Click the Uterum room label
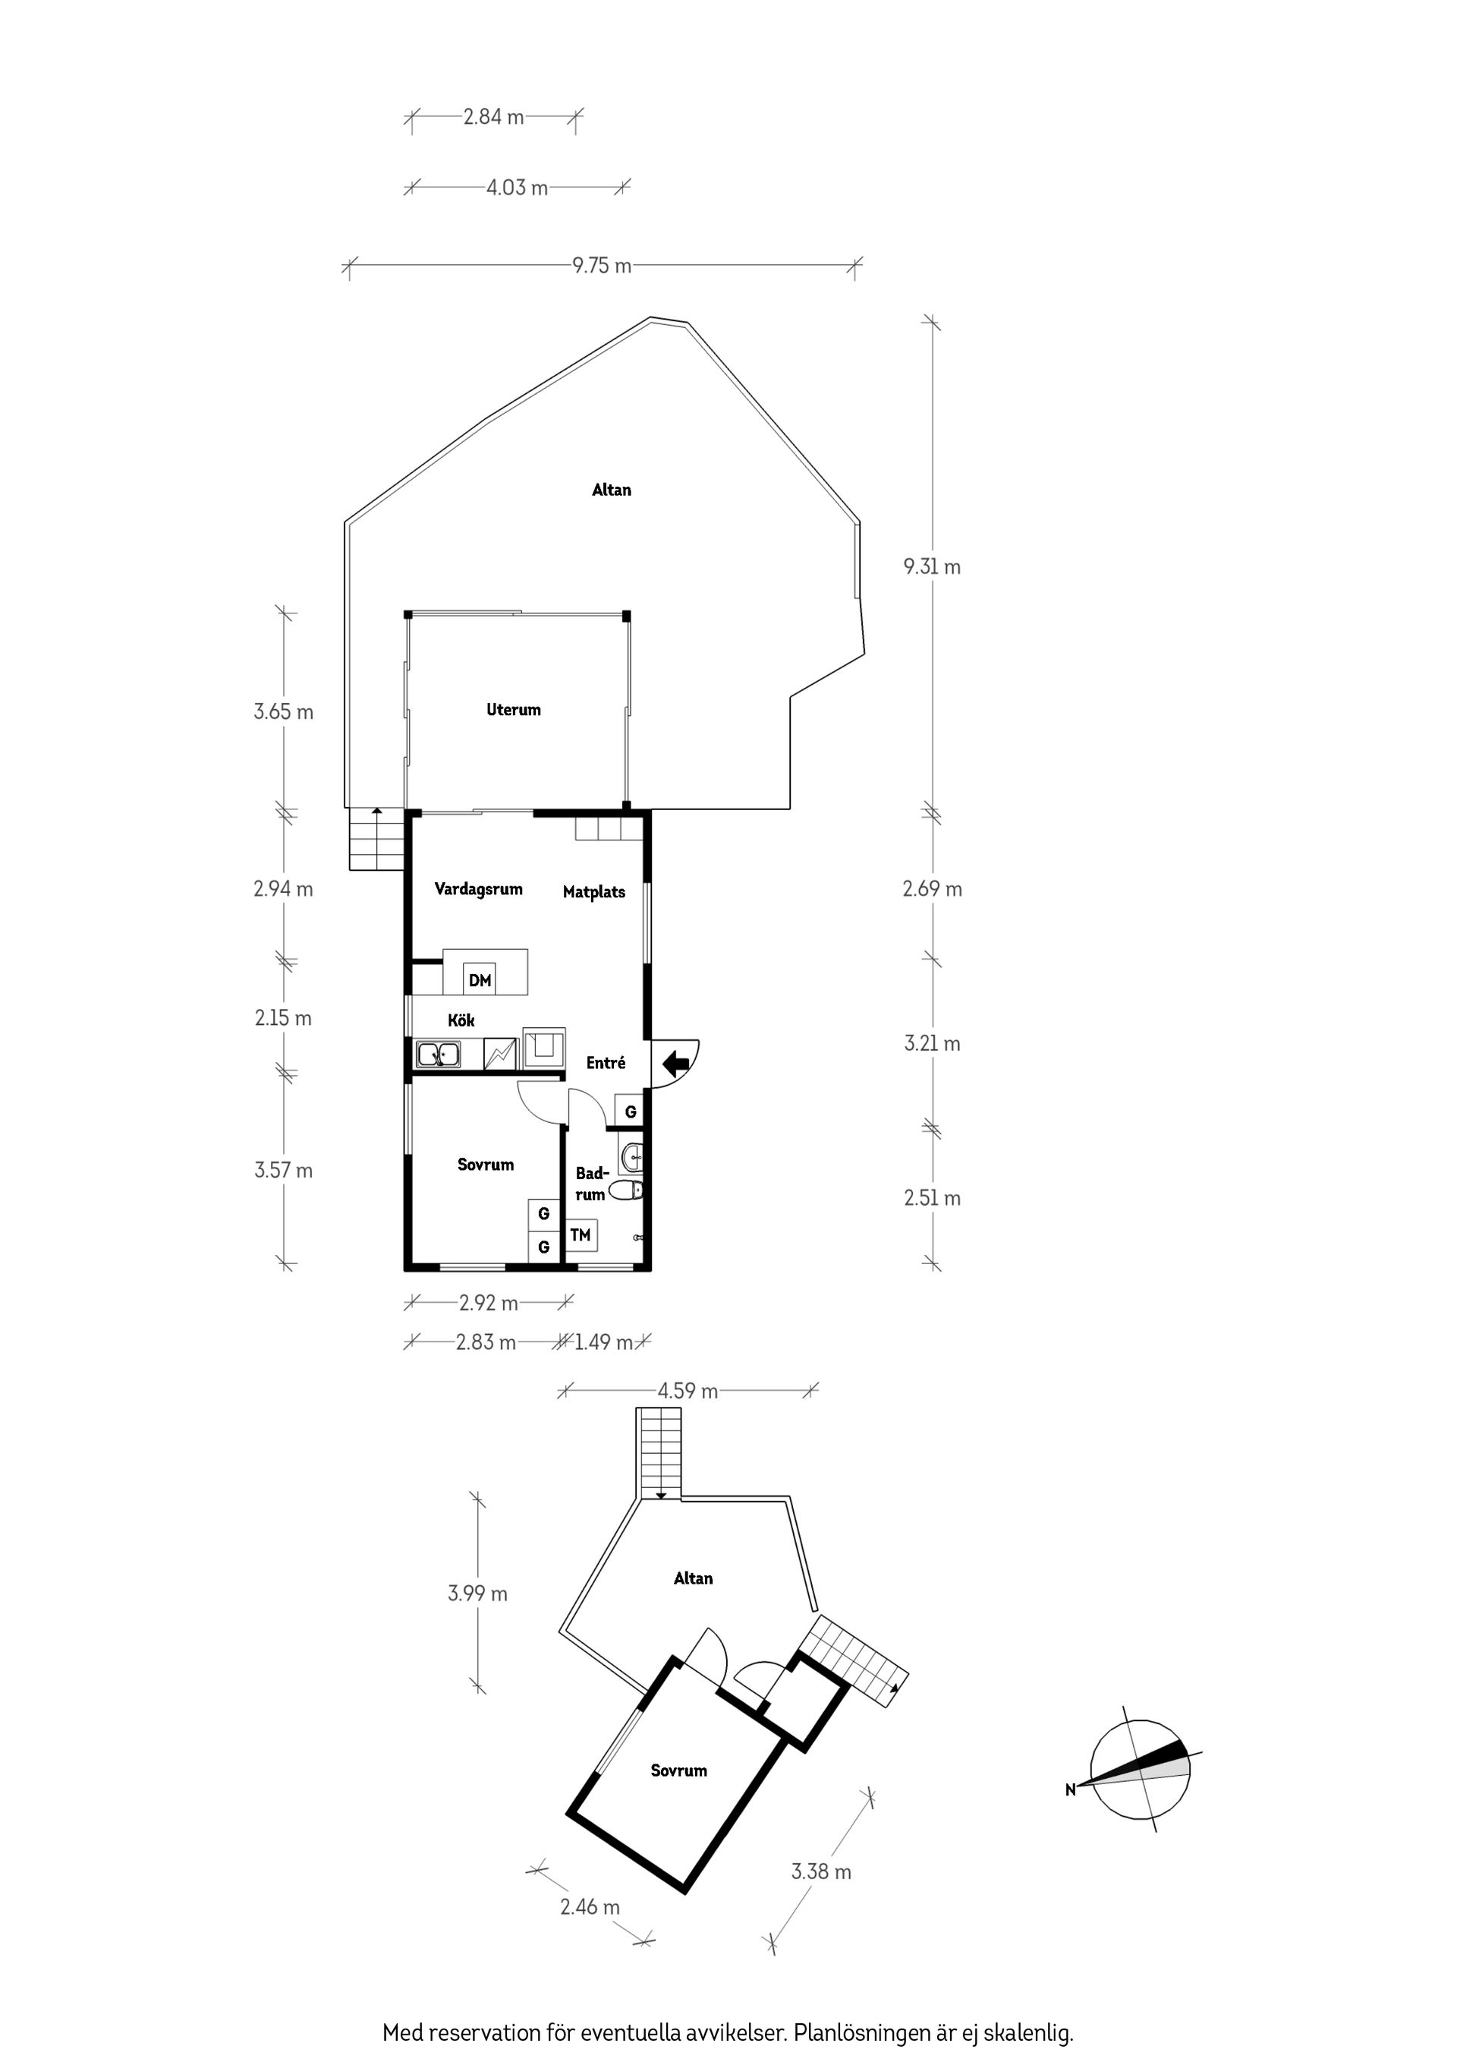pyautogui.click(x=514, y=710)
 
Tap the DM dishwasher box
pyautogui.click(x=480, y=980)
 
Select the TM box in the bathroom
pyautogui.click(x=581, y=1235)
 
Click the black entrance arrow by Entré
pyautogui.click(x=675, y=1064)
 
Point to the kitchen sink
pyautogui.click(x=437, y=1055)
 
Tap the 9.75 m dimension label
pyautogui.click(x=602, y=266)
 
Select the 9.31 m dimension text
pyautogui.click(x=932, y=566)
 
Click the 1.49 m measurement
pyautogui.click(x=603, y=1342)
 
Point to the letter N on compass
pyautogui.click(x=1070, y=1791)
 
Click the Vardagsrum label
pyautogui.click(x=479, y=889)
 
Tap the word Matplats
pyautogui.click(x=593, y=892)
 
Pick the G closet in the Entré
pyautogui.click(x=630, y=1111)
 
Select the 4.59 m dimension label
pyautogui.click(x=688, y=1391)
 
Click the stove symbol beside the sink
pyautogui.click(x=500, y=1055)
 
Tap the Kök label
pyautogui.click(x=461, y=1020)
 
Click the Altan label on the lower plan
pyautogui.click(x=693, y=1578)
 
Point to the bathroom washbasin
pyautogui.click(x=631, y=1158)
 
